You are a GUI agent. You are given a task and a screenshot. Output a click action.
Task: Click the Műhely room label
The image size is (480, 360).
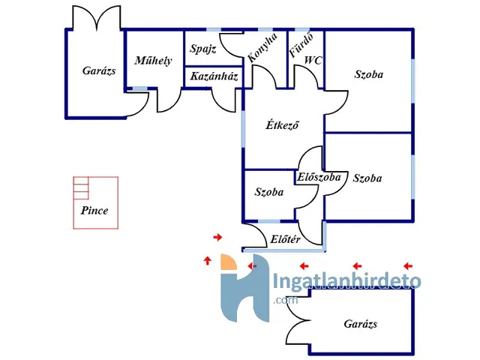point(154,61)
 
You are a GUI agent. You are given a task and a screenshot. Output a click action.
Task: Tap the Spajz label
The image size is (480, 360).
point(202,49)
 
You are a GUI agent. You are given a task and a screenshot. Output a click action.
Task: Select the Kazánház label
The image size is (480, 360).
point(214,76)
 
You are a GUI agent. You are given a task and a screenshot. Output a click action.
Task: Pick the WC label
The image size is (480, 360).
point(313,61)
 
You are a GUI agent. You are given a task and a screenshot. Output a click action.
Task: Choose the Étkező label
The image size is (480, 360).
point(283,125)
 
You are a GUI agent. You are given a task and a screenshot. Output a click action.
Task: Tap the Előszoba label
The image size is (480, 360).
point(319,178)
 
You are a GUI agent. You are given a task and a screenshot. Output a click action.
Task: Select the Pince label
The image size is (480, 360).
point(94,211)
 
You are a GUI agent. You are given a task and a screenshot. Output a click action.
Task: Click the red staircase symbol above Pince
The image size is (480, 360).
point(81,187)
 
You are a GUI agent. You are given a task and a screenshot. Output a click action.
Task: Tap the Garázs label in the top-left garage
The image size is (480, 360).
point(99,71)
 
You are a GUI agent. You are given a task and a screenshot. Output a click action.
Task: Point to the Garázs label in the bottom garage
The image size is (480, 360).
point(361,325)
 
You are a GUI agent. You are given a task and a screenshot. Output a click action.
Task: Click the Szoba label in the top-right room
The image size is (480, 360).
point(368,75)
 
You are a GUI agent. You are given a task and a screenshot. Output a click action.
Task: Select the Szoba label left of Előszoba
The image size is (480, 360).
point(268,192)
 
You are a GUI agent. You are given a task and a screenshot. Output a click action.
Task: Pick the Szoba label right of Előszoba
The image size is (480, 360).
point(367,178)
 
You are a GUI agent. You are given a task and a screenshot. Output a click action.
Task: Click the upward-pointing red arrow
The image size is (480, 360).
point(207,261)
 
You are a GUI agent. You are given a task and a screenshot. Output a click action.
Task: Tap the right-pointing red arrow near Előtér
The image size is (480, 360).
point(217,237)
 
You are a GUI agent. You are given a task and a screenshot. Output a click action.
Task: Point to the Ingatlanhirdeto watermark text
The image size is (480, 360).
point(346,283)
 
